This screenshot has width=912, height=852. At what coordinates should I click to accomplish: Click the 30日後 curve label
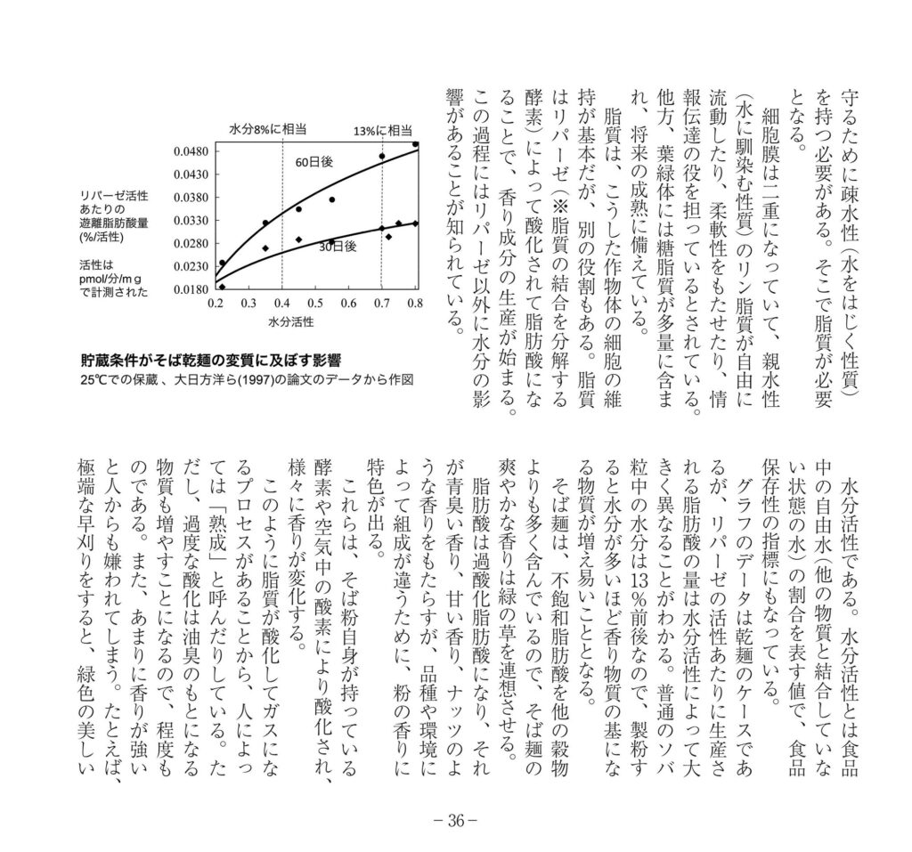point(337,247)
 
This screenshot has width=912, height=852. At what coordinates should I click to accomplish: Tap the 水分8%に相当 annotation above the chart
point(268,128)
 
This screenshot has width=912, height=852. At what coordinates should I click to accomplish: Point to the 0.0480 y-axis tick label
point(191,150)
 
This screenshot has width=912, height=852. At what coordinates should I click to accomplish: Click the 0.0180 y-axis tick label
point(191,288)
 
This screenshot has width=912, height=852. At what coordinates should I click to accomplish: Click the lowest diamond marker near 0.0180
point(222,287)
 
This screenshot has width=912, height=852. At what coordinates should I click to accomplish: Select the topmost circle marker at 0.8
point(415,143)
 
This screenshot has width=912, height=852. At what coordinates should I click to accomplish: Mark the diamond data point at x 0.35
point(265,248)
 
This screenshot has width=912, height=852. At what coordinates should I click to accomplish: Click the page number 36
point(455,821)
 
